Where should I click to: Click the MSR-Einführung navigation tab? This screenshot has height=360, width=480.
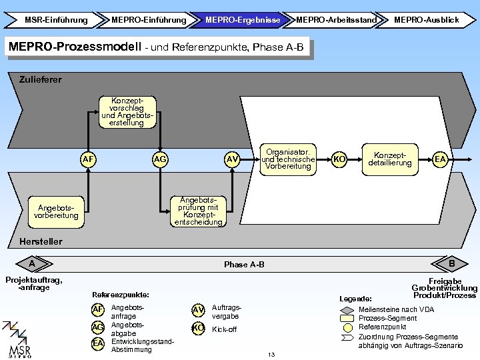pyautogui.click(x=55, y=20)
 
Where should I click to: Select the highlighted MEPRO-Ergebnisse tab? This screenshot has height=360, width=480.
pyautogui.click(x=242, y=20)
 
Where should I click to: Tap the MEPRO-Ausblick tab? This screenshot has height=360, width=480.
pyautogui.click(x=426, y=20)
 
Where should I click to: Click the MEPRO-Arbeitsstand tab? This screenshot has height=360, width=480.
pyautogui.click(x=336, y=20)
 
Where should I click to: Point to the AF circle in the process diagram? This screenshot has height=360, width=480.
pyautogui.click(x=88, y=159)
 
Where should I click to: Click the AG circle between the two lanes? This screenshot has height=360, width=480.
pyautogui.click(x=160, y=159)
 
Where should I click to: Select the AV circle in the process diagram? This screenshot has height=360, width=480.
pyautogui.click(x=232, y=159)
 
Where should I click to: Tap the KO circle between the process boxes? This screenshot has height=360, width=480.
pyautogui.click(x=339, y=159)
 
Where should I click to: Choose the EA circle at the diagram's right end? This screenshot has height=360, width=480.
pyautogui.click(x=440, y=159)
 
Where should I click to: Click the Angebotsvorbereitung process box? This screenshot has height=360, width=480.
pyautogui.click(x=56, y=212)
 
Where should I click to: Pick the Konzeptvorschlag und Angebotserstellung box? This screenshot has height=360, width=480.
pyautogui.click(x=127, y=112)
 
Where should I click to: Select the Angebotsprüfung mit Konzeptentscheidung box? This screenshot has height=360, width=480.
pyautogui.click(x=199, y=211)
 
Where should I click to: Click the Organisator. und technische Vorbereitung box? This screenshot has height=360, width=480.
pyautogui.click(x=288, y=159)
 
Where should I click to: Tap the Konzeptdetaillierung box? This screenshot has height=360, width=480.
pyautogui.click(x=390, y=159)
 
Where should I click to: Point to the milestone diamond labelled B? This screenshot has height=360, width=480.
pyautogui.click(x=450, y=263)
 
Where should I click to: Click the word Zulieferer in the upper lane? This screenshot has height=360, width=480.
pyautogui.click(x=41, y=79)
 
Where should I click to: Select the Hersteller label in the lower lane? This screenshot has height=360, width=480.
pyautogui.click(x=41, y=241)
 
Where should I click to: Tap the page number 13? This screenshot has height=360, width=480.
pyautogui.click(x=271, y=355)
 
